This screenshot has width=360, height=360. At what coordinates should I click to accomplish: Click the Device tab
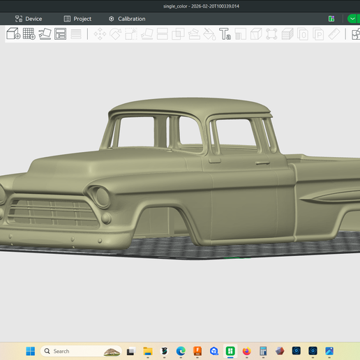pos(29,19)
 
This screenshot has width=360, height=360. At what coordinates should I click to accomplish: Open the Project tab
pos(77,19)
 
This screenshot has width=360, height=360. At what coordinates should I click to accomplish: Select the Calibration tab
pos(127,19)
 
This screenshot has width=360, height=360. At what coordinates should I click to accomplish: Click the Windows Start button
pos(30,351)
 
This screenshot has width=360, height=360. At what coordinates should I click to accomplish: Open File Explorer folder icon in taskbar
pos(147,351)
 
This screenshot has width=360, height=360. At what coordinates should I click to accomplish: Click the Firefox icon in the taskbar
pos(246,351)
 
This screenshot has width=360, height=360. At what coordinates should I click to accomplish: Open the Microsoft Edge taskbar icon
pos(181,351)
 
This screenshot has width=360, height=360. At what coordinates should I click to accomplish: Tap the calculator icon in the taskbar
pos(263,351)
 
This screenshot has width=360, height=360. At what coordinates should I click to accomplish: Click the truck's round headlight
pos(102,197)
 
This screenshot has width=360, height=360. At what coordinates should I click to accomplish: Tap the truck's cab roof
pos(188,107)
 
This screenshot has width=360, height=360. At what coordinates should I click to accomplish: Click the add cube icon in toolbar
pos(13,33)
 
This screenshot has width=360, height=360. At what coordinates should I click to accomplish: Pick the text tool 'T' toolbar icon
pos(225,33)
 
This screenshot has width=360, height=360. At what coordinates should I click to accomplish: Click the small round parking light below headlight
pos(107,218)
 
